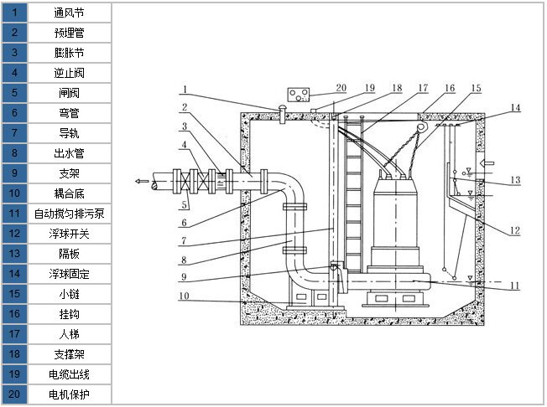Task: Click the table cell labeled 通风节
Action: click(x=69, y=13)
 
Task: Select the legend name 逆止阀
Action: click(x=69, y=73)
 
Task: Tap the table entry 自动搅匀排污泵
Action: click(x=69, y=214)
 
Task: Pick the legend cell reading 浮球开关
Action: click(x=69, y=234)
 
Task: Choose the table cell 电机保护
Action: click(x=69, y=394)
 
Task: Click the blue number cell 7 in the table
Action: click(x=14, y=133)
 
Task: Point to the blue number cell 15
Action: click(x=14, y=293)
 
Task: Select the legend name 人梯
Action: click(x=69, y=333)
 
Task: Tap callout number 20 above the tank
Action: click(x=341, y=87)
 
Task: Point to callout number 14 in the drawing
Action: click(x=515, y=107)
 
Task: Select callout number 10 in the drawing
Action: click(x=183, y=295)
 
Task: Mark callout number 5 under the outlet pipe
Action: click(x=184, y=205)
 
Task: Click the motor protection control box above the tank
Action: click(x=299, y=94)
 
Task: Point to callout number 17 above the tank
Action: click(x=423, y=87)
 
